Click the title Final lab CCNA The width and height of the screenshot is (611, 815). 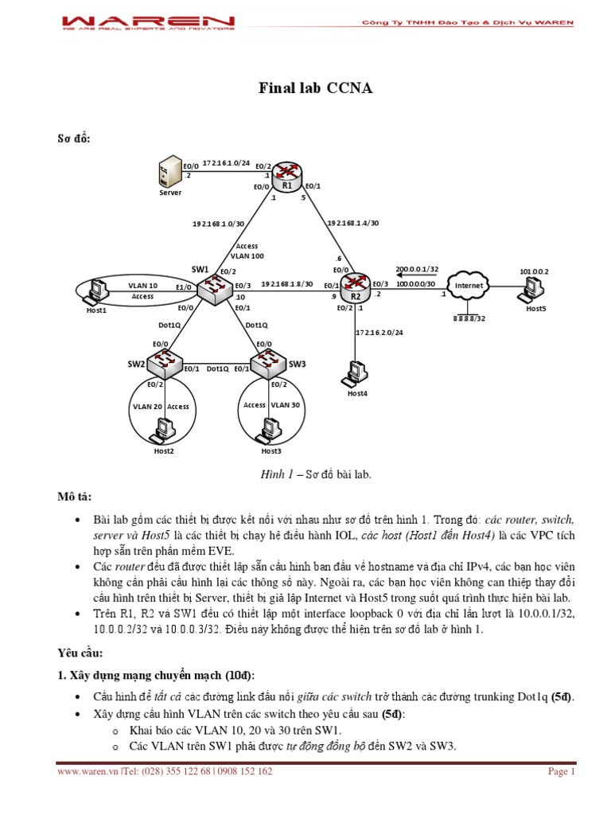(316, 88)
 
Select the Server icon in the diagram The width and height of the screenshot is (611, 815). (169, 173)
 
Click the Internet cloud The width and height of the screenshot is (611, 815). (469, 286)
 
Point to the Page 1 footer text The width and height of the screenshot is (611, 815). (562, 771)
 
